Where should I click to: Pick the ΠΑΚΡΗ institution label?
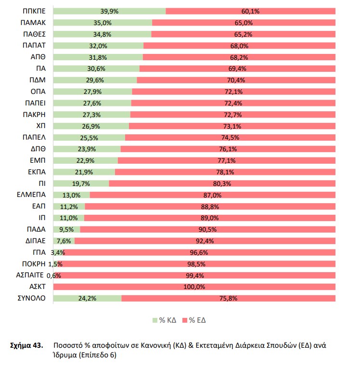coord(34,115)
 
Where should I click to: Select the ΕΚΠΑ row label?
coord(36,172)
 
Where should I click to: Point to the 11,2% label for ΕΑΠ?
coord(68,207)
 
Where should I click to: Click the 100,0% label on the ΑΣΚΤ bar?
coord(195,287)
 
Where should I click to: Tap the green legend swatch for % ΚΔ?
coord(154,320)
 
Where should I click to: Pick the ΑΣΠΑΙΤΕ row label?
coord(31,275)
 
